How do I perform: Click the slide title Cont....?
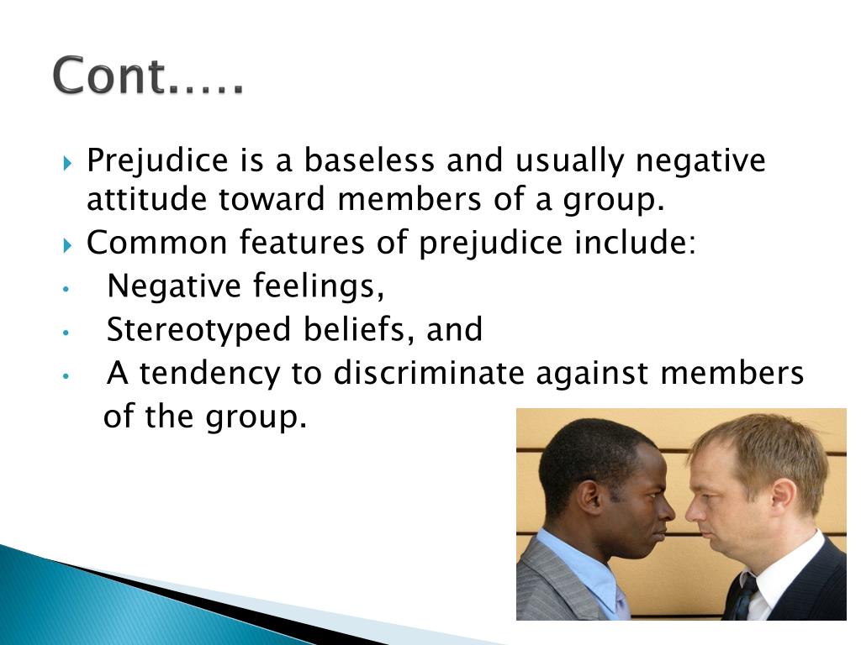point(148,77)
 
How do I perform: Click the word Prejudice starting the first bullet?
point(159,160)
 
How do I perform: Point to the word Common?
point(157,244)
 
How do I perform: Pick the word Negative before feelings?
point(174,287)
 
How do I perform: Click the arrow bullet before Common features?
point(69,244)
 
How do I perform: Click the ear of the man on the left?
point(589,497)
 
